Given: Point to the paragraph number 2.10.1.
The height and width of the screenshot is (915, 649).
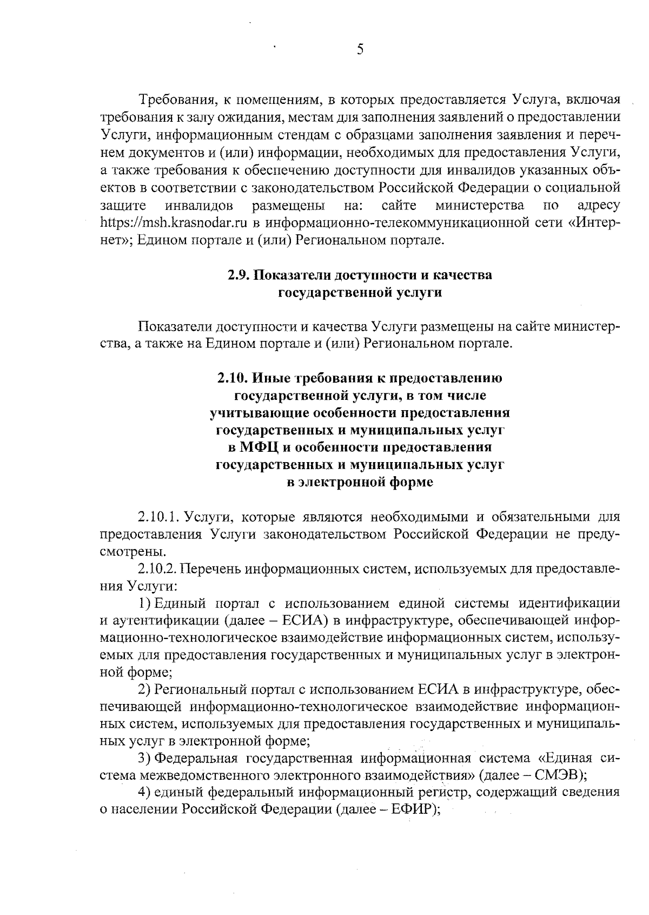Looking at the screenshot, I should [x=158, y=517].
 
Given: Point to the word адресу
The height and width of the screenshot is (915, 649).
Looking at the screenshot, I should [x=598, y=206].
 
